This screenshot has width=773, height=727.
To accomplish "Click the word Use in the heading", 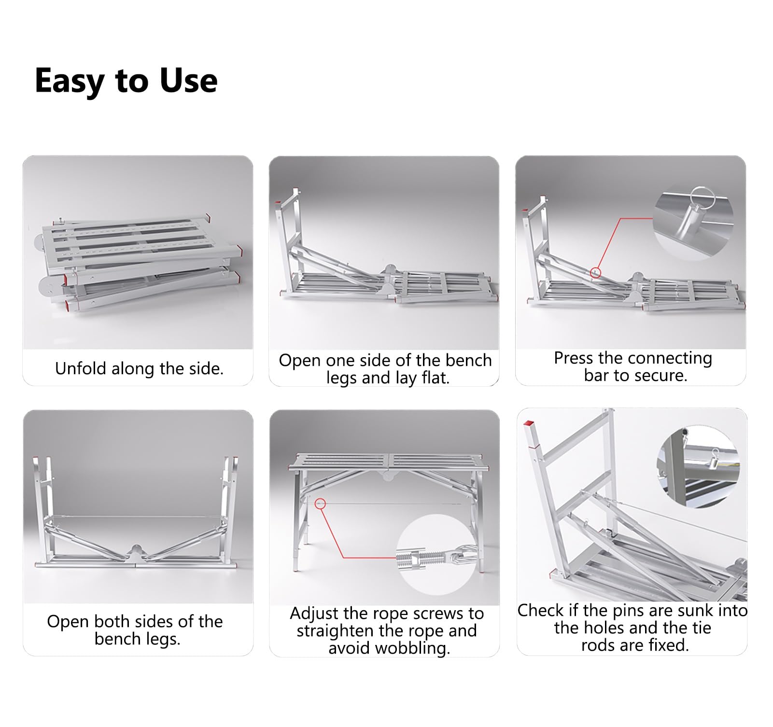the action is [x=189, y=80].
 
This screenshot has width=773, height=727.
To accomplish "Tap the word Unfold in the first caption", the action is [x=81, y=368].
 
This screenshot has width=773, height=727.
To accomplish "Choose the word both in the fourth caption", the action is [x=112, y=621].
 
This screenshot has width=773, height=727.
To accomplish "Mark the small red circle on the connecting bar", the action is [x=595, y=273].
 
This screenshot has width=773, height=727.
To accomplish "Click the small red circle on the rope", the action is [x=320, y=503].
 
